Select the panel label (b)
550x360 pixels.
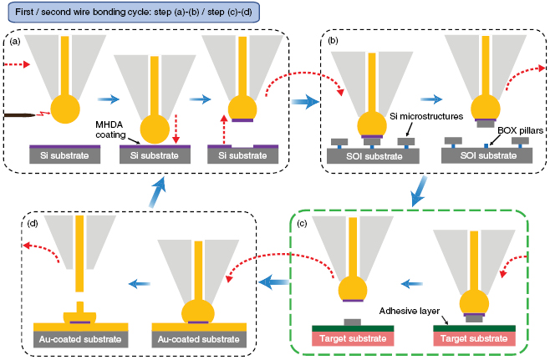point(334,41)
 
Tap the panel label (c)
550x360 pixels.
point(301,221)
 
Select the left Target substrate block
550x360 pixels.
point(352,340)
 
